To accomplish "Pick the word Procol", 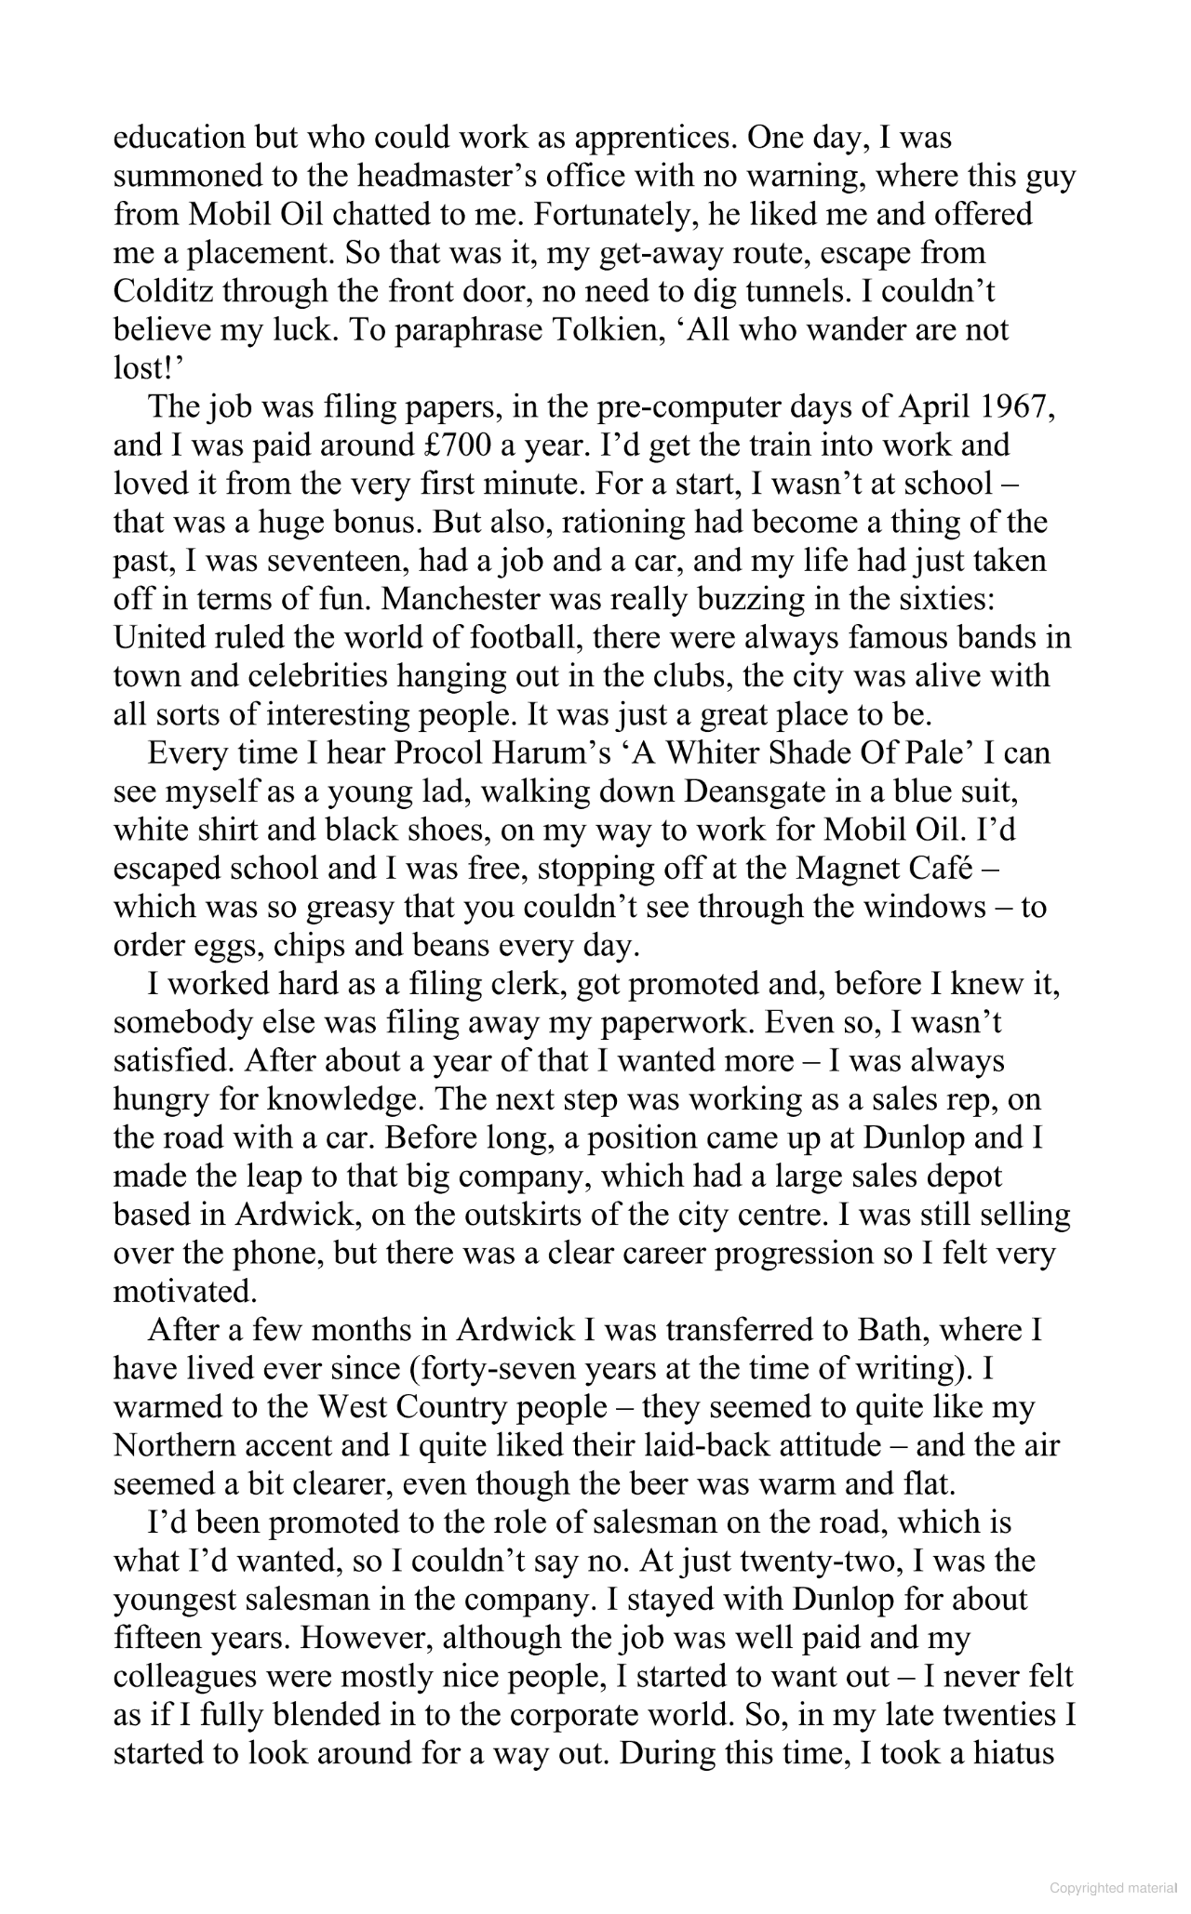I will pyautogui.click(x=446, y=752).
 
